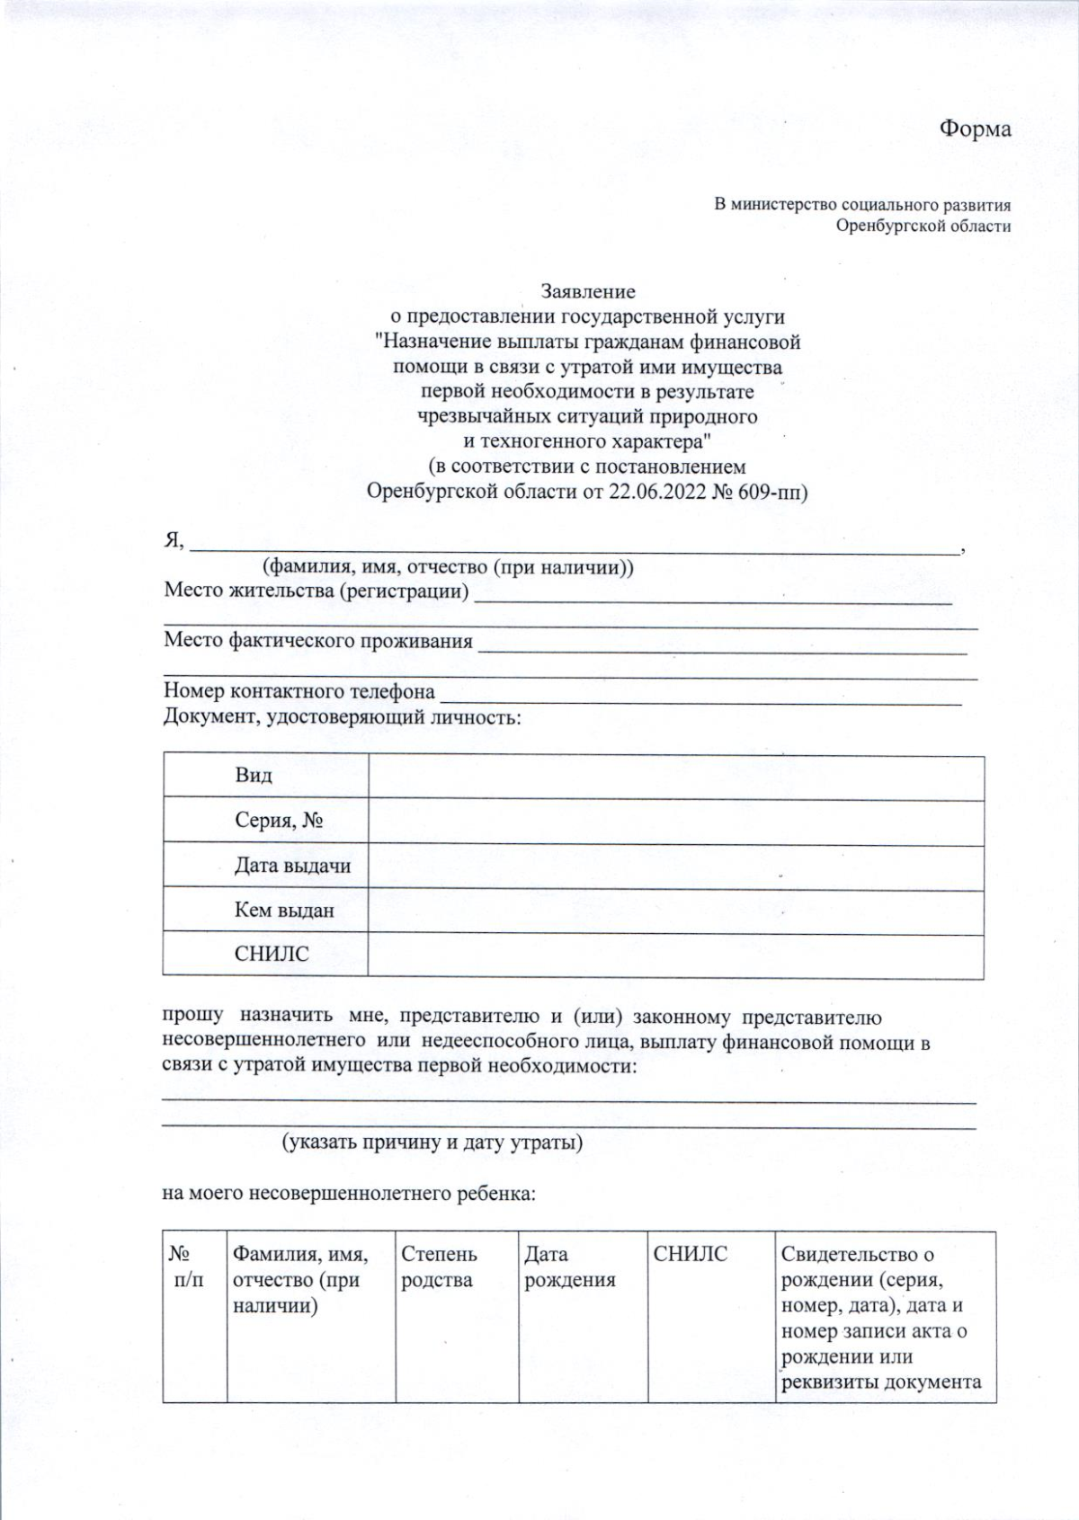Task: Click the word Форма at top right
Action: pos(975,129)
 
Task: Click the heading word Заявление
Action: pos(588,291)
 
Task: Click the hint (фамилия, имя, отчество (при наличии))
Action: pos(448,567)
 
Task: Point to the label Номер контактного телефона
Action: pos(299,691)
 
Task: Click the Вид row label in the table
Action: pos(253,776)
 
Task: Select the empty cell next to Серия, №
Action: pos(675,821)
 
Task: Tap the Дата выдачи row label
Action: pos(292,866)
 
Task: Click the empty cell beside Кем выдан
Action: pos(675,911)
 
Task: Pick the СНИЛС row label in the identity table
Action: pos(272,955)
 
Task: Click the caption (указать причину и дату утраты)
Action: pos(432,1142)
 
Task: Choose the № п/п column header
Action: pos(188,1267)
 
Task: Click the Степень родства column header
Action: pos(439,1267)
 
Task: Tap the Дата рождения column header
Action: pos(569,1267)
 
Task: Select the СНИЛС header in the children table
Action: pos(690,1254)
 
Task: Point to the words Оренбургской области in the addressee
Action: pos(923,226)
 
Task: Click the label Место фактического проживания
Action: pos(317,641)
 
